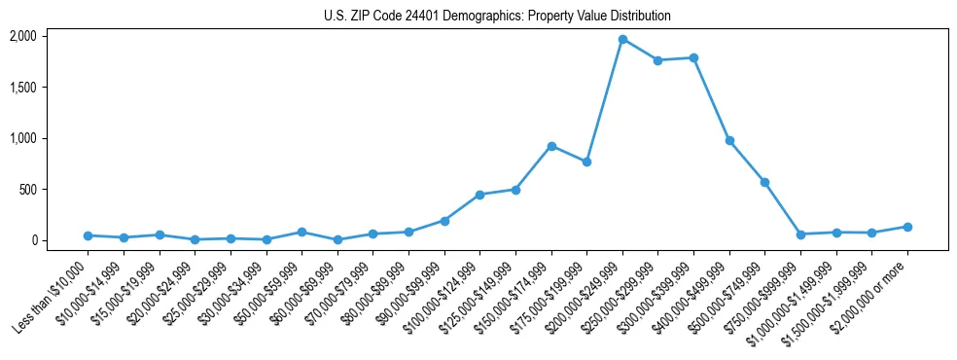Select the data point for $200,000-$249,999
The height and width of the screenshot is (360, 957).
622,39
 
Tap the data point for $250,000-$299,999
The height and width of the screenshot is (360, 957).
658,60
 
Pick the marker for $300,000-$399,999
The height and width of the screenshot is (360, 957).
693,57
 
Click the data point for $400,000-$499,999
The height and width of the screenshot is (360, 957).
729,140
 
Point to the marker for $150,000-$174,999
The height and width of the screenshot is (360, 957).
551,146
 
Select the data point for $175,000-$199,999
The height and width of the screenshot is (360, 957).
586,162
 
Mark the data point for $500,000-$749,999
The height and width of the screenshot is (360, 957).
765,182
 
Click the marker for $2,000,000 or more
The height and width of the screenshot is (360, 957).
907,227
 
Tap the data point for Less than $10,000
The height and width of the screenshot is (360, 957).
88,235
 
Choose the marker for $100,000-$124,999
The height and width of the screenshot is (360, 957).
479,195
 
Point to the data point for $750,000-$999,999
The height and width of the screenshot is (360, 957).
800,234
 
